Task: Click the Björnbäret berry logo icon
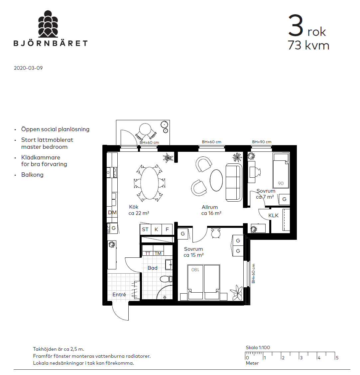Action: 48,24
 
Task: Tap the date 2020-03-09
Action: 28,68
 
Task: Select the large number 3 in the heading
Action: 296,25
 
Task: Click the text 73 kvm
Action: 308,45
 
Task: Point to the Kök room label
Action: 134,207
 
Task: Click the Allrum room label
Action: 210,207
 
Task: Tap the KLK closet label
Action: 273,216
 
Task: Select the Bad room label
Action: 153,268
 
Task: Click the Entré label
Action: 119,294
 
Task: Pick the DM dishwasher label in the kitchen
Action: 112,212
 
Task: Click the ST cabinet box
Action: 145,230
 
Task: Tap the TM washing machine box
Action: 158,253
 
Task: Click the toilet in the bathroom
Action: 166,279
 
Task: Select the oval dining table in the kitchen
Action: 150,183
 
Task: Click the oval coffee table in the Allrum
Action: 216,180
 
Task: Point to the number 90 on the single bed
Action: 281,183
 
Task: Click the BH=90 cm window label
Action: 262,142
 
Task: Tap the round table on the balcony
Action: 145,129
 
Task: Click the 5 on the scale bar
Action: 337,358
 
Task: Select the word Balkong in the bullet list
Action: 32,175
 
